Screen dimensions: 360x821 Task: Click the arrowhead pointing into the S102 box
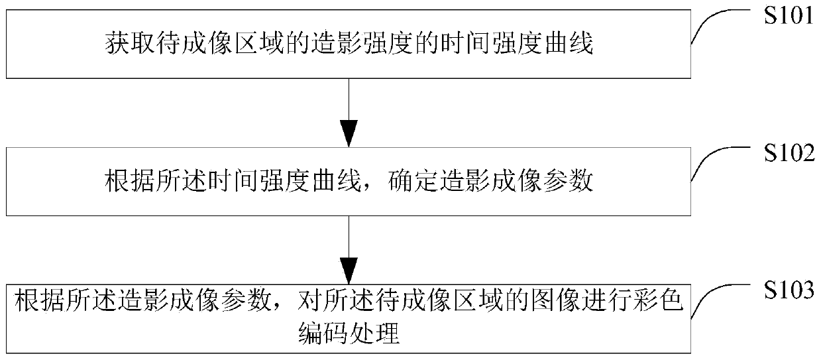point(349,134)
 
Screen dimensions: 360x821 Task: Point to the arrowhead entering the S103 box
point(349,270)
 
